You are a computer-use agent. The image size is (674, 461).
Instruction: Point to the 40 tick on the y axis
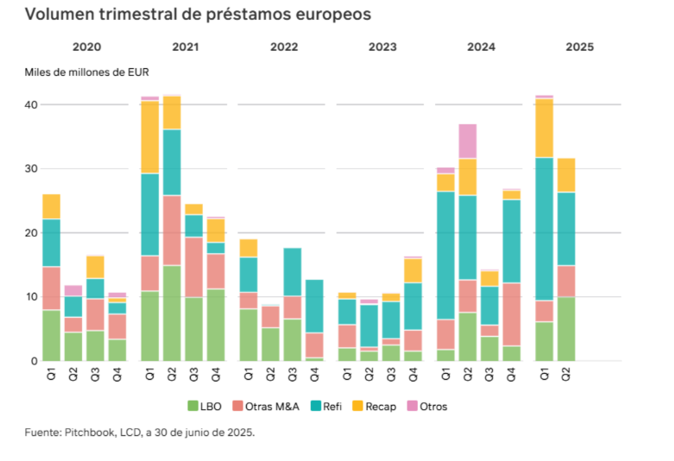tap(31, 104)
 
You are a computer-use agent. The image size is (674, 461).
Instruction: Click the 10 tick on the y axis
tap(31, 297)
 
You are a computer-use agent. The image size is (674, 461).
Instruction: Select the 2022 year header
tap(284, 47)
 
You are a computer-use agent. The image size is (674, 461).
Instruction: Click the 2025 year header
tap(579, 47)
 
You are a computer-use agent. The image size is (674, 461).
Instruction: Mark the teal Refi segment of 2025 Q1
tap(544, 229)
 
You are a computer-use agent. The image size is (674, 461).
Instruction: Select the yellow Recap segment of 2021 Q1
tap(149, 137)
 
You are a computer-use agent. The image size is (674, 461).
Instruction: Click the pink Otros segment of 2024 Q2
tap(468, 141)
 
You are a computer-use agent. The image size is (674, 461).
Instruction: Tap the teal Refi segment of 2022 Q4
tap(314, 306)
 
